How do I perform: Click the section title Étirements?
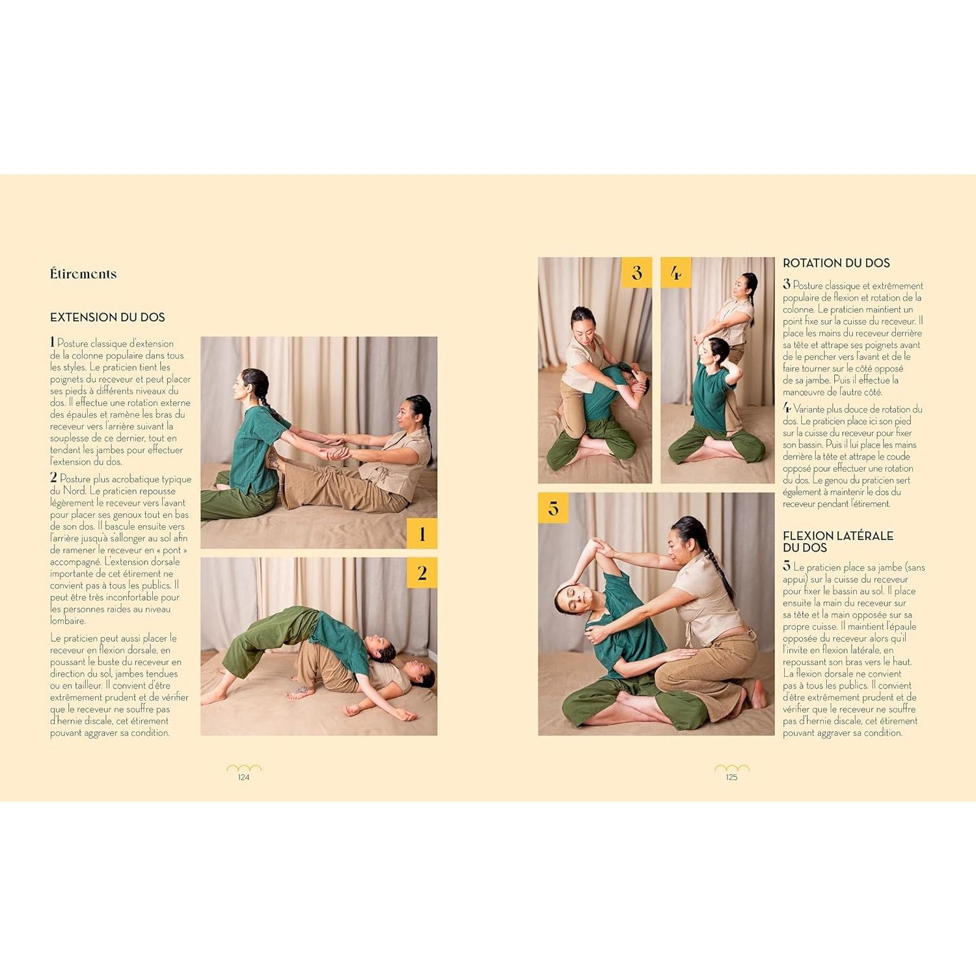[x=83, y=274]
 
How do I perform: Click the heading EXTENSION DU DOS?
[x=107, y=318]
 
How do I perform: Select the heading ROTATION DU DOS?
[x=836, y=264]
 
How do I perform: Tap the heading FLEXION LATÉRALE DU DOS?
[x=837, y=541]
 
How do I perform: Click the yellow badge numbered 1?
[x=422, y=534]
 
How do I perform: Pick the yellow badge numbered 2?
[x=422, y=573]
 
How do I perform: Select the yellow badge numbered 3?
[x=636, y=273]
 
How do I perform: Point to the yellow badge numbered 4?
[x=676, y=273]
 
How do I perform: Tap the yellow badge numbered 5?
[x=553, y=508]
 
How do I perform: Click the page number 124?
[x=243, y=777]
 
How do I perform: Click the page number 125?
[x=731, y=777]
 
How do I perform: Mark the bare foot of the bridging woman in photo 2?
[x=213, y=698]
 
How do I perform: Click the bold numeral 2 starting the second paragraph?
[x=54, y=478]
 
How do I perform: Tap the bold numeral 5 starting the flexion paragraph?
[x=787, y=566]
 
